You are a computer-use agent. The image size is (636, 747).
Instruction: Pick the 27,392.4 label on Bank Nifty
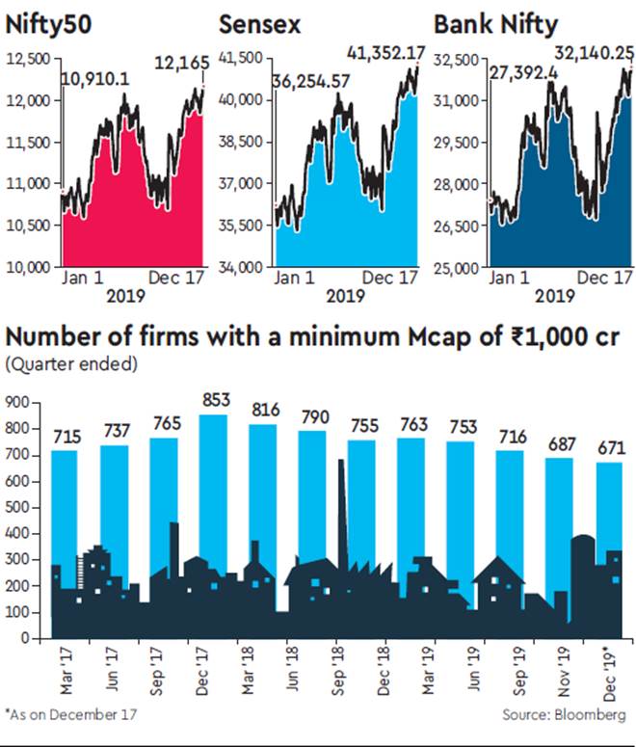click(x=521, y=71)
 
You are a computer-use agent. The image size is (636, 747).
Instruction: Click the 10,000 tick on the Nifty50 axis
click(x=30, y=267)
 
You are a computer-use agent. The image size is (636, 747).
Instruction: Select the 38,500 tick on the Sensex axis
click(x=243, y=142)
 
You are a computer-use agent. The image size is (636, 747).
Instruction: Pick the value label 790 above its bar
click(x=312, y=416)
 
